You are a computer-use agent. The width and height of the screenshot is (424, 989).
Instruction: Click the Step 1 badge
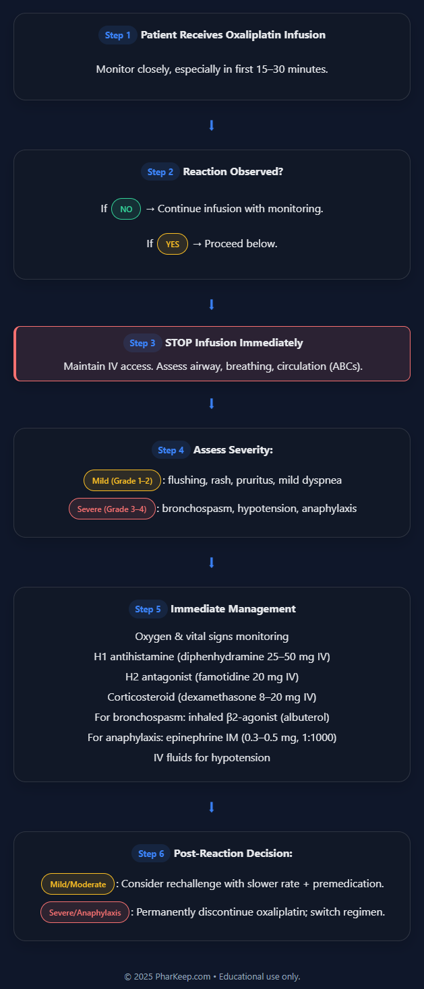click(117, 35)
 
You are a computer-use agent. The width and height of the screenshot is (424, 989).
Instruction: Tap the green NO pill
click(126, 209)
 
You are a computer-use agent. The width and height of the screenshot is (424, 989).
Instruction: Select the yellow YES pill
click(173, 244)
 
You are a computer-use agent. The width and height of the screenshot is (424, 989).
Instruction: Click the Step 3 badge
click(142, 343)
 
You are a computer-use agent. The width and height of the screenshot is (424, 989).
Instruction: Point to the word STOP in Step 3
click(179, 343)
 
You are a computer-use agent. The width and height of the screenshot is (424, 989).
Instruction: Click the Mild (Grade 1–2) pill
click(122, 480)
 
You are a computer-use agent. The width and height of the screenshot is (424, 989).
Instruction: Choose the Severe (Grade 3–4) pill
click(112, 509)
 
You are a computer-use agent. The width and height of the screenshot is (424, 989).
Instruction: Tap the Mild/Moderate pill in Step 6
click(78, 884)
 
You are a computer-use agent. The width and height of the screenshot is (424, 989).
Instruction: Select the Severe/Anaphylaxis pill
click(85, 912)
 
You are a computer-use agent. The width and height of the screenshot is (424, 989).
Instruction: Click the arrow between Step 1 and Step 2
click(212, 125)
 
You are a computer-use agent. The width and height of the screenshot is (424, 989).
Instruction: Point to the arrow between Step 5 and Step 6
click(212, 807)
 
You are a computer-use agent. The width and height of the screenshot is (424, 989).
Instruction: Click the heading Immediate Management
click(233, 609)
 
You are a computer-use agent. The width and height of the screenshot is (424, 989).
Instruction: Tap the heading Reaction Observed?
click(233, 172)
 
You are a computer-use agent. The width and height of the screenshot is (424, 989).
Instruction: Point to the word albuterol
click(305, 717)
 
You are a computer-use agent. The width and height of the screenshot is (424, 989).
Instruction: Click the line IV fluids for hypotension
click(212, 758)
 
